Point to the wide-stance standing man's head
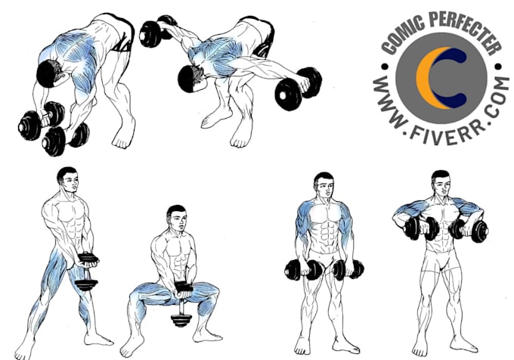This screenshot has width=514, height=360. click(x=67, y=180)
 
